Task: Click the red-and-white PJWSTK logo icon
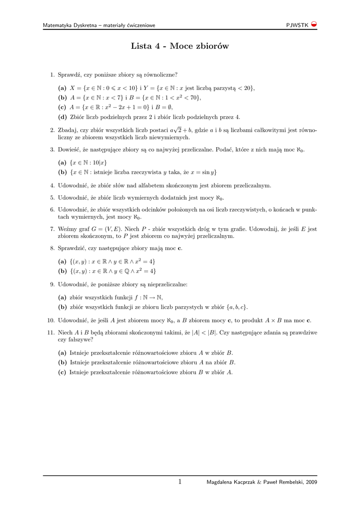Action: [x=314, y=25]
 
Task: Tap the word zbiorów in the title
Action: [x=213, y=47]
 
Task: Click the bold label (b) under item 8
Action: [x=62, y=271]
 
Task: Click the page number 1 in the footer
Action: [x=180, y=481]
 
